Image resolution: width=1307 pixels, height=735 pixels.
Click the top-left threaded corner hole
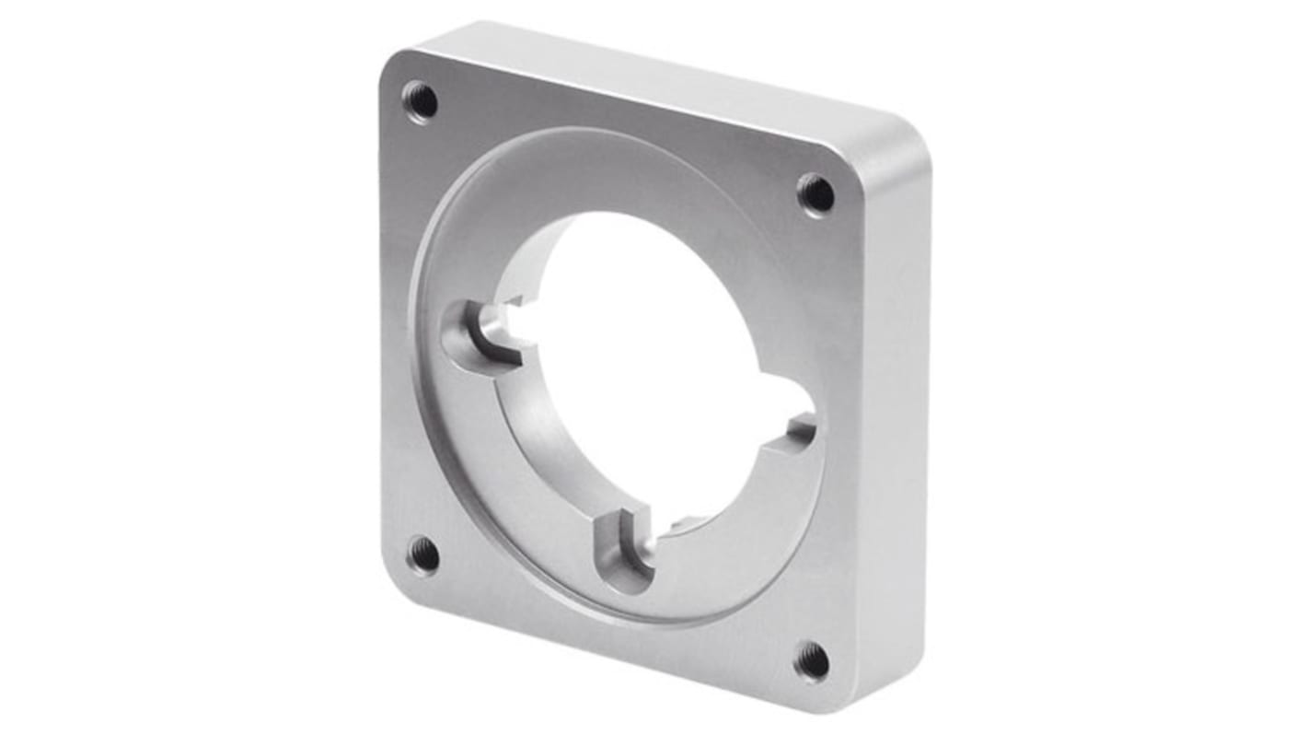coord(421,100)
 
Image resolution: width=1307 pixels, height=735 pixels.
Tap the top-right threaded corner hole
coord(815,193)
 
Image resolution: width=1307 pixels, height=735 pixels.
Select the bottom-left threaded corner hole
coord(422,554)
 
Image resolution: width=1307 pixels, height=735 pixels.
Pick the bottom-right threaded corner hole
coord(812,660)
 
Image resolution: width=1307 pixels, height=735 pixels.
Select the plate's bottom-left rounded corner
coord(396,585)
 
